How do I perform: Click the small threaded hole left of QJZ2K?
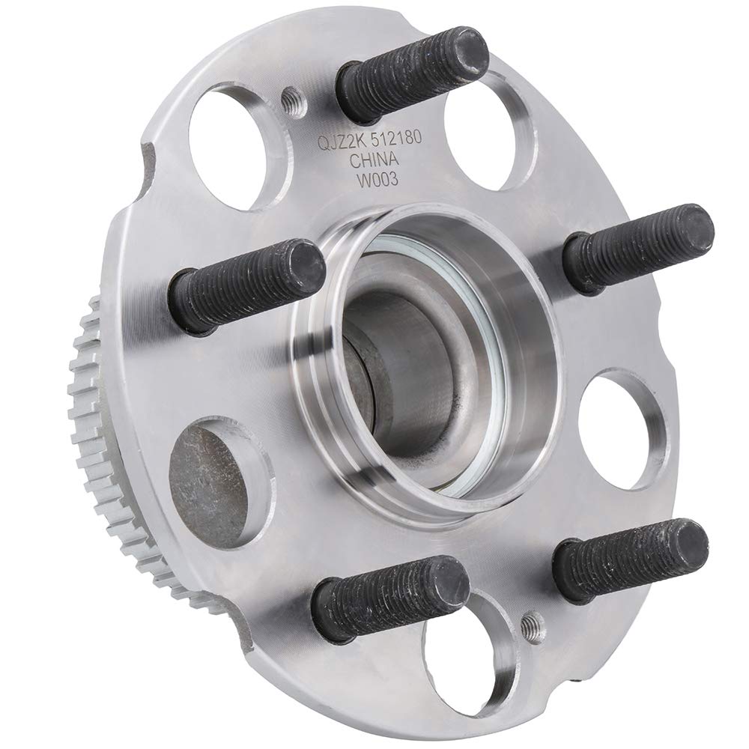(x=291, y=99)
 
